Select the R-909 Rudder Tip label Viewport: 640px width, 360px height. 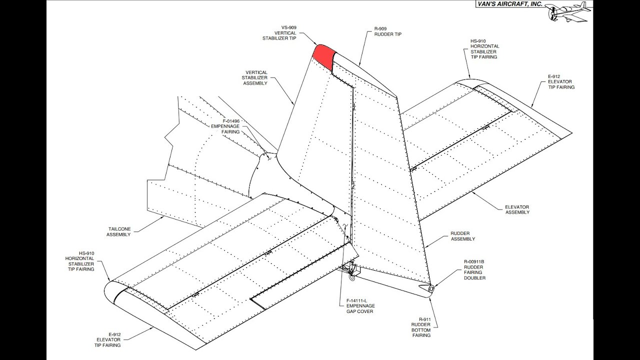pyautogui.click(x=387, y=31)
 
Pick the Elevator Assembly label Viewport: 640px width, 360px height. pyautogui.click(x=517, y=209)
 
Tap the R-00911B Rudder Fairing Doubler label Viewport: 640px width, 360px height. pyautogui.click(x=474, y=269)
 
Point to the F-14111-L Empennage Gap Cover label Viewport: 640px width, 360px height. pyautogui.click(x=360, y=305)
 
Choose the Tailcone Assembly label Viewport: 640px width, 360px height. pyautogui.click(x=119, y=231)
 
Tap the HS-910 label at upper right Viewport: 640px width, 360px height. pyautogui.click(x=484, y=49)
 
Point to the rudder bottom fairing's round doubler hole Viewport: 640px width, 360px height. pyautogui.click(x=431, y=288)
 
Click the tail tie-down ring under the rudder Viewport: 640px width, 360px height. pyautogui.click(x=350, y=272)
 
